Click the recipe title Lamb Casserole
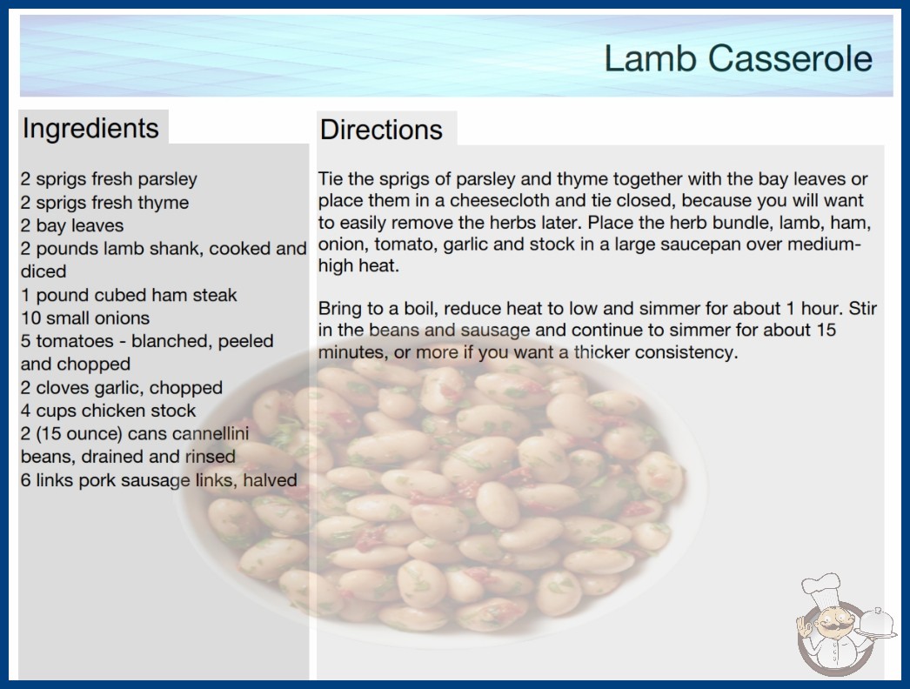tap(739, 58)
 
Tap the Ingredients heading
tap(90, 129)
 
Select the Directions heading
tap(381, 130)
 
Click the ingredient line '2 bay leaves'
tap(72, 225)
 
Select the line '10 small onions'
tap(85, 318)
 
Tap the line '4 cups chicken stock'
tap(108, 411)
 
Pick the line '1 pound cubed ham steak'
tap(129, 295)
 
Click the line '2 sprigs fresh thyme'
tap(105, 203)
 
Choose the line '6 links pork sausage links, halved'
tap(159, 480)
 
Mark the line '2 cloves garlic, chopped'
tap(122, 387)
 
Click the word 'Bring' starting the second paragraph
tap(340, 308)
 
